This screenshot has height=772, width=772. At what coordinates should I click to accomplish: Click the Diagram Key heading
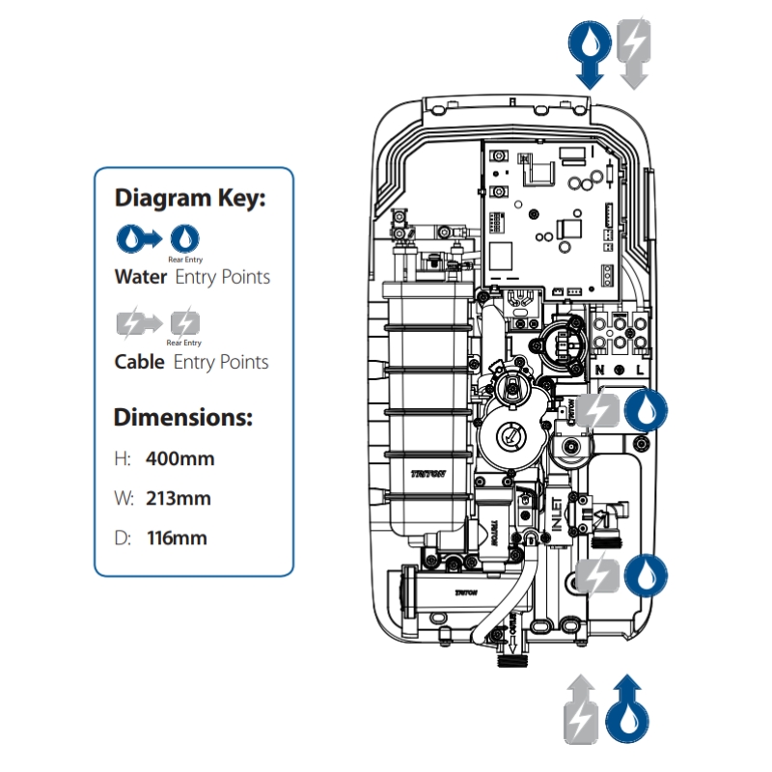(189, 199)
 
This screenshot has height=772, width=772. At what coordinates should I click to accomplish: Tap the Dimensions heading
(183, 419)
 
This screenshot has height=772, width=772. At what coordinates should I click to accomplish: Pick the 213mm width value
(178, 499)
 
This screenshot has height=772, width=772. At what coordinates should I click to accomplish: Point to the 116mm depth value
(177, 538)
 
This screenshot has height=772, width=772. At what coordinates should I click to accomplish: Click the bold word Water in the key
(141, 277)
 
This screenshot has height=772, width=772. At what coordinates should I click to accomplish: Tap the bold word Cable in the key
(140, 363)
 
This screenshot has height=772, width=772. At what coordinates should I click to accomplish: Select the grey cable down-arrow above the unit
(633, 54)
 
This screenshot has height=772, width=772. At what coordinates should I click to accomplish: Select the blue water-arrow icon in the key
(138, 236)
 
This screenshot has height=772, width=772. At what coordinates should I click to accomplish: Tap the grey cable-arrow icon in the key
(138, 321)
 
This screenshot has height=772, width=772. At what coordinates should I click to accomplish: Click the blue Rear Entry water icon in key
(184, 236)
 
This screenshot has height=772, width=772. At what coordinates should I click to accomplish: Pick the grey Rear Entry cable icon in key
(184, 321)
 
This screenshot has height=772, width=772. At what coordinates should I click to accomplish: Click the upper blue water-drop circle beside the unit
(644, 409)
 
